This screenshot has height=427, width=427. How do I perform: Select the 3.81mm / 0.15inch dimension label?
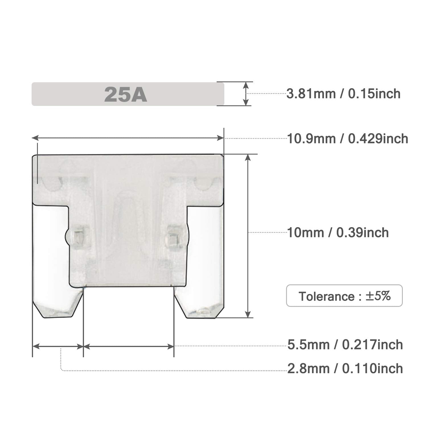click(343, 94)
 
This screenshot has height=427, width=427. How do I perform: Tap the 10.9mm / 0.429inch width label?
click(347, 139)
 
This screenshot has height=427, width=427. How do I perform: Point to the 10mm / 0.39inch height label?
click(338, 233)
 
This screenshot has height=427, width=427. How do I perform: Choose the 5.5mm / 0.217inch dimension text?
click(345, 345)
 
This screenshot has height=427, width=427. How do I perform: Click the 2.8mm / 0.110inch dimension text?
click(345, 369)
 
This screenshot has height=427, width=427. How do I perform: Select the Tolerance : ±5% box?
click(344, 296)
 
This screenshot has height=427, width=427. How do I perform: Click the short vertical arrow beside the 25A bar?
click(246, 94)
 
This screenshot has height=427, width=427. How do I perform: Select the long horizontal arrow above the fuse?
click(128, 138)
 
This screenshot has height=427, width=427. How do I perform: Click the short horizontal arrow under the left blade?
click(58, 346)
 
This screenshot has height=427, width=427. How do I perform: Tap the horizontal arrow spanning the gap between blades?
click(129, 346)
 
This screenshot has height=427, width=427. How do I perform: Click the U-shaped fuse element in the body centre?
click(125, 216)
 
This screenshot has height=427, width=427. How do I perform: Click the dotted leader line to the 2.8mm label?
click(171, 371)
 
